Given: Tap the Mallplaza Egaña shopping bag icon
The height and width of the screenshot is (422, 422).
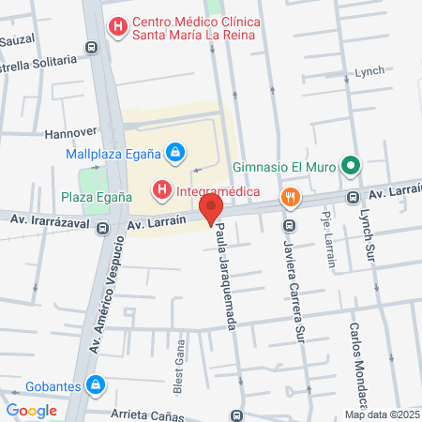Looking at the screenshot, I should click(174, 152).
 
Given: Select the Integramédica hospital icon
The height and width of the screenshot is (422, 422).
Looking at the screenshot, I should click(162, 191).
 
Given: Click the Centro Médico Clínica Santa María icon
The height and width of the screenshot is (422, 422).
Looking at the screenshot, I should click(117, 27).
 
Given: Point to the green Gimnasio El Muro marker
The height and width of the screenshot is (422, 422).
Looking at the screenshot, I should click(351, 167).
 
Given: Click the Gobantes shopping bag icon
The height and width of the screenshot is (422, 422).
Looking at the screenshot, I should click(95, 384).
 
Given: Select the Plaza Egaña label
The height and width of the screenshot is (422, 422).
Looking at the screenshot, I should click(95, 197).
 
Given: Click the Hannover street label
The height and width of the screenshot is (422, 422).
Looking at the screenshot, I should click(71, 132).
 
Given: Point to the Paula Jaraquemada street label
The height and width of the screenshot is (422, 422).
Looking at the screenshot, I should click(225, 275).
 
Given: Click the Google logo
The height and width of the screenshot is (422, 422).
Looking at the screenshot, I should click(32, 410).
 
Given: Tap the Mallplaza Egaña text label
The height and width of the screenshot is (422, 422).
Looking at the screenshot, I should click(112, 153).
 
